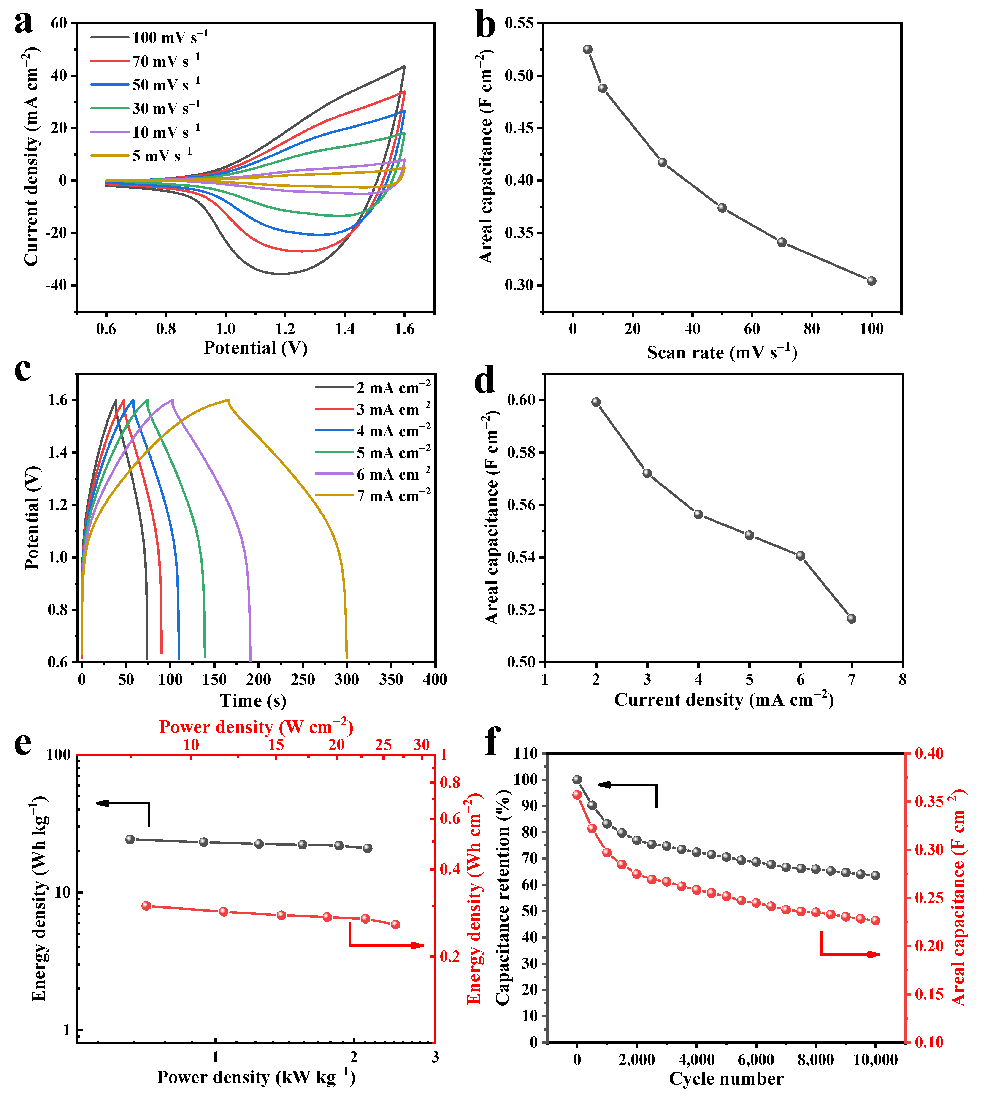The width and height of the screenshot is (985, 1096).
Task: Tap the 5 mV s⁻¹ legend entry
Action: coord(141,156)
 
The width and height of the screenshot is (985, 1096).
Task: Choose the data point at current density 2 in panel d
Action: coord(596,402)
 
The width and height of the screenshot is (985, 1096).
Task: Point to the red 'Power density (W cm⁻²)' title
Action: coord(256,727)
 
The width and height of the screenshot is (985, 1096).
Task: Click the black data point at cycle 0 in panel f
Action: coord(577,780)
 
